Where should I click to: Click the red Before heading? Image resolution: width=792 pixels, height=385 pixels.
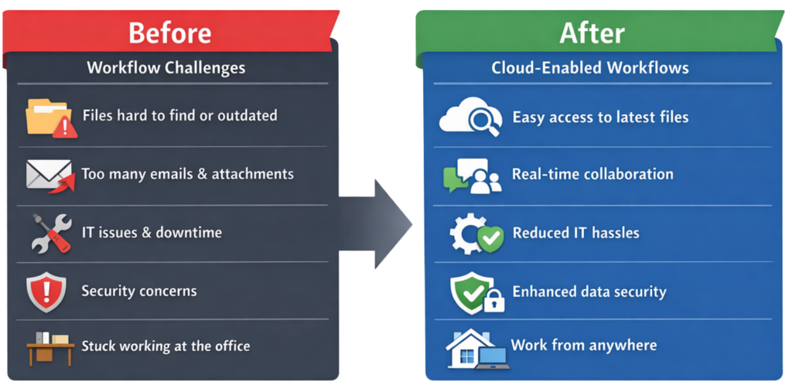[x=169, y=33]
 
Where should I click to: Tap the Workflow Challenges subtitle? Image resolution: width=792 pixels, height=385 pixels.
[x=166, y=67]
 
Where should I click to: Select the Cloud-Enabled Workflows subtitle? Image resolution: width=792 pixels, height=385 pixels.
[x=590, y=68]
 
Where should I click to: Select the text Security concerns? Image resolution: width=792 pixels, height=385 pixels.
[x=139, y=291]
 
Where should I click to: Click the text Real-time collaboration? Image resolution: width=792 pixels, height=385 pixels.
[x=592, y=174]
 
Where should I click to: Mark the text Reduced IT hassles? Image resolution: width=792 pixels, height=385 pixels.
[x=575, y=233]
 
